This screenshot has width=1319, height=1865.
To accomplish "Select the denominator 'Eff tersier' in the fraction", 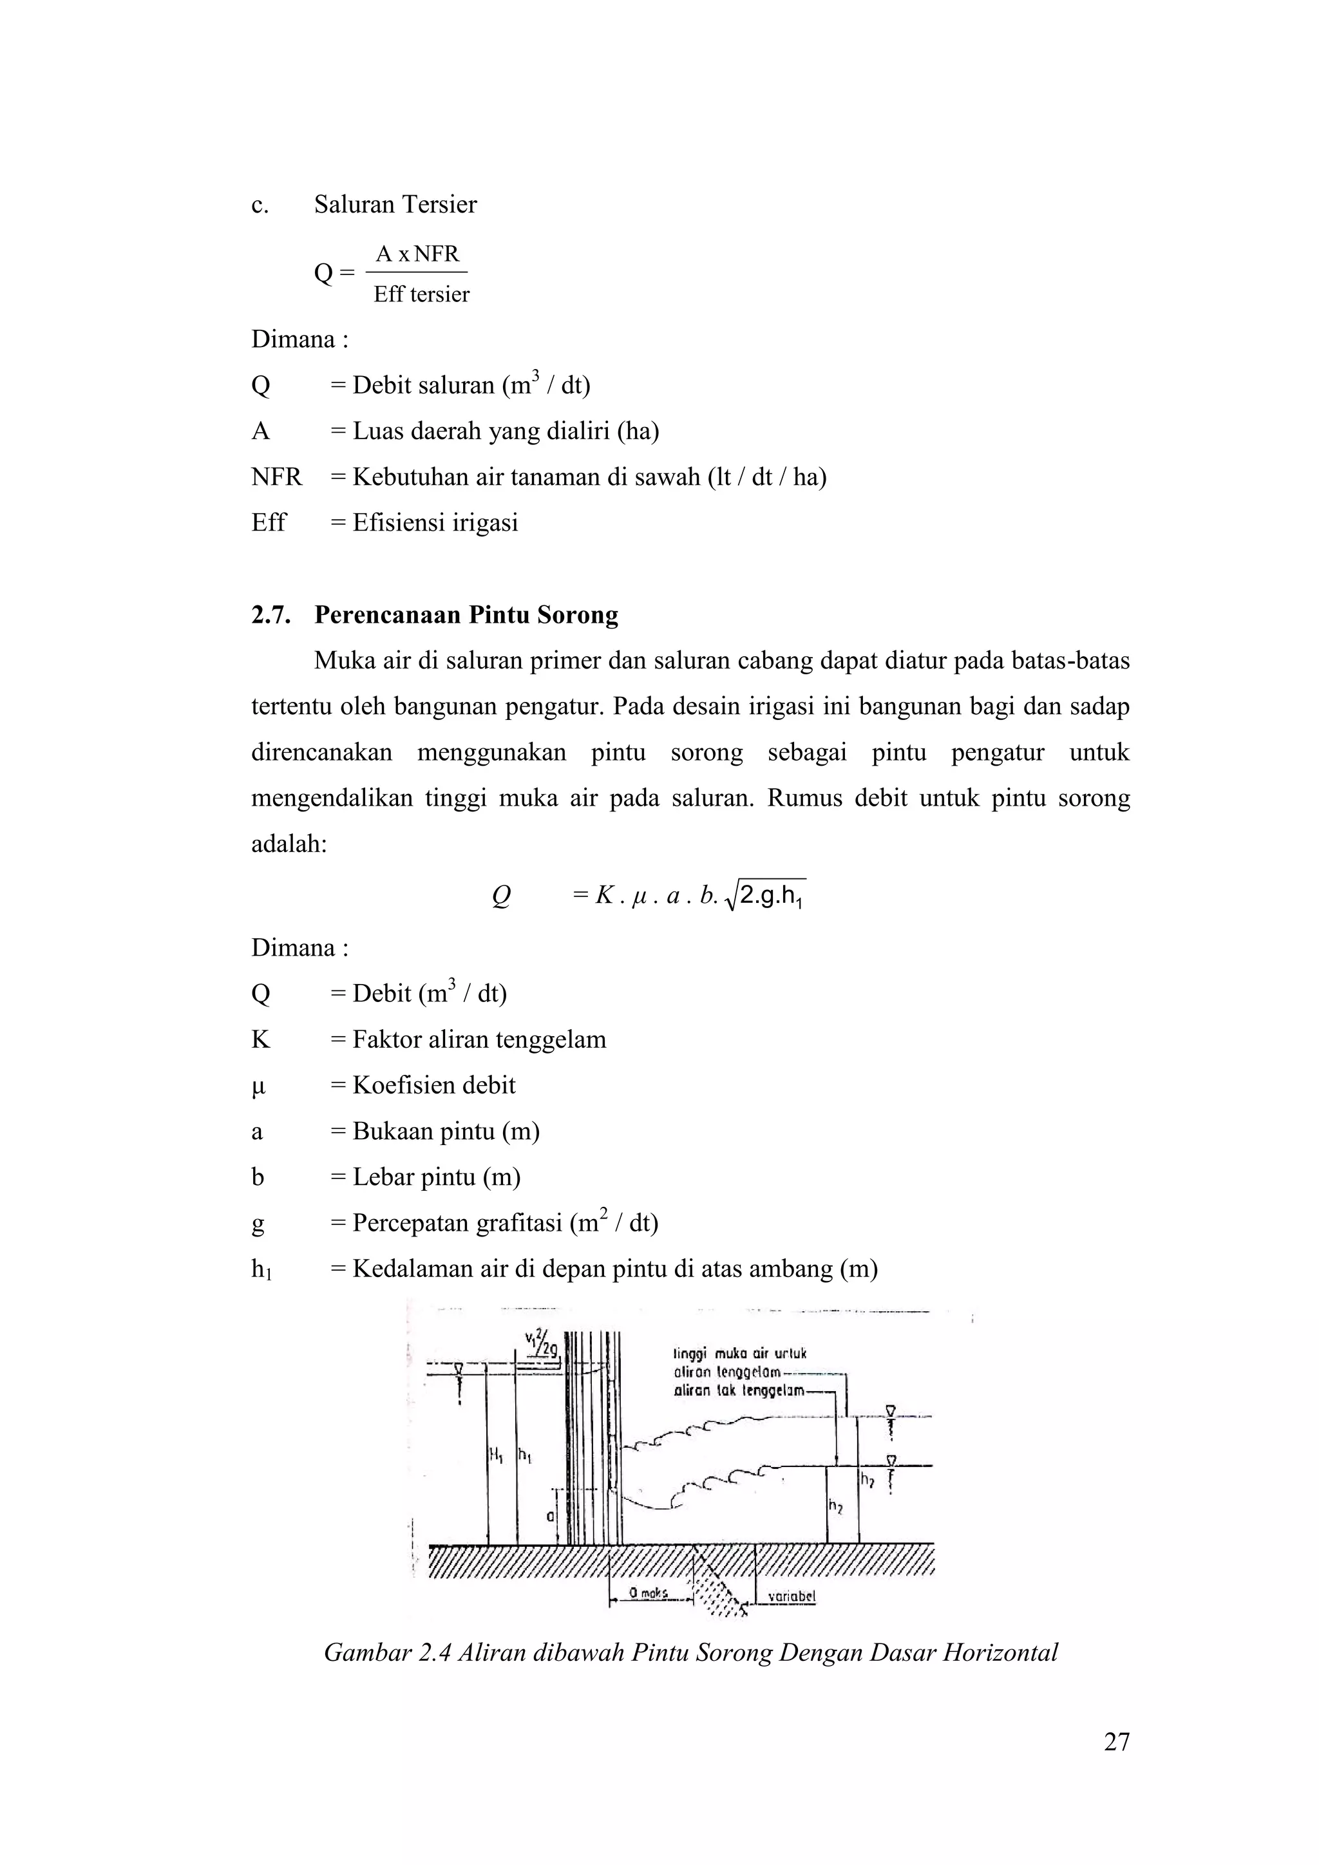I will pos(421,294).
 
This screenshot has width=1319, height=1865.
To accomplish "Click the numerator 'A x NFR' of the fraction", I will pos(417,254).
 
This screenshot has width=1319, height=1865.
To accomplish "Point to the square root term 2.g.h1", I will pos(768,897).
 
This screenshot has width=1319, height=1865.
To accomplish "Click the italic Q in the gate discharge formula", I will pos(501,896).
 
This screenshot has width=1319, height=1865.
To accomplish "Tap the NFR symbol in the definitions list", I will pos(276,477).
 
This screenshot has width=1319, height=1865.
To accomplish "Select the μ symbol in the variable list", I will pos(259,1086).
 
